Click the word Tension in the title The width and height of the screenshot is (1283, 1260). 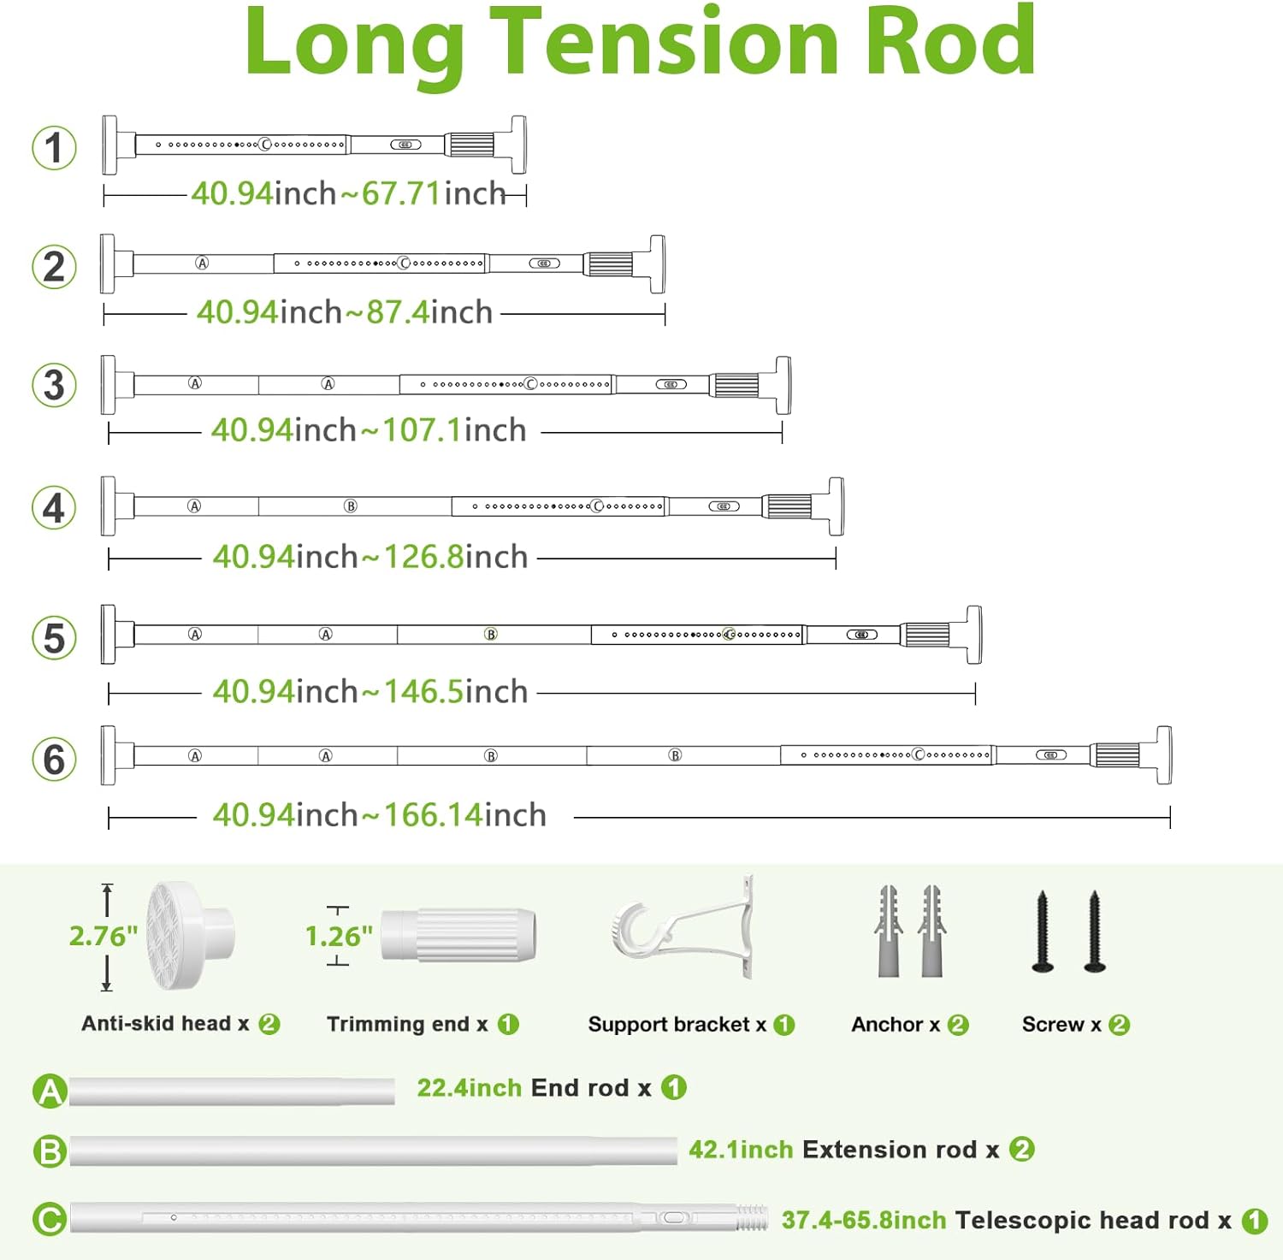point(667,41)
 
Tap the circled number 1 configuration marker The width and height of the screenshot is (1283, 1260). point(54,147)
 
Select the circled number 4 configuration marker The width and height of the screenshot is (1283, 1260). point(54,508)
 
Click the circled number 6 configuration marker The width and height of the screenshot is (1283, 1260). point(54,760)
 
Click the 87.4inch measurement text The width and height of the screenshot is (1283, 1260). point(429,312)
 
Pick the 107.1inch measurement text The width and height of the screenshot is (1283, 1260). point(453,430)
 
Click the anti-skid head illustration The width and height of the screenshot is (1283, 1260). point(190,936)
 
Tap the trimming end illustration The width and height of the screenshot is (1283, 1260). point(458,934)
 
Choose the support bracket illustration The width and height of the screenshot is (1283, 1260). point(684,928)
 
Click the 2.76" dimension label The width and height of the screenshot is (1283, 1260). point(103,937)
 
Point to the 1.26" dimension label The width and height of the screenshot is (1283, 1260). point(339,937)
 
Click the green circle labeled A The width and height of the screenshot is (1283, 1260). point(50,1091)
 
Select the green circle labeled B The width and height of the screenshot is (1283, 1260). point(50,1151)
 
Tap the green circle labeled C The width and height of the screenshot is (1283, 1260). point(50,1219)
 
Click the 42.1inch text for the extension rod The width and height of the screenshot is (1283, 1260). point(741,1150)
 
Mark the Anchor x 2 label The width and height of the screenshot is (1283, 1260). point(909,1025)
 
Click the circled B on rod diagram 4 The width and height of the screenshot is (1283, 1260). point(351,506)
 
